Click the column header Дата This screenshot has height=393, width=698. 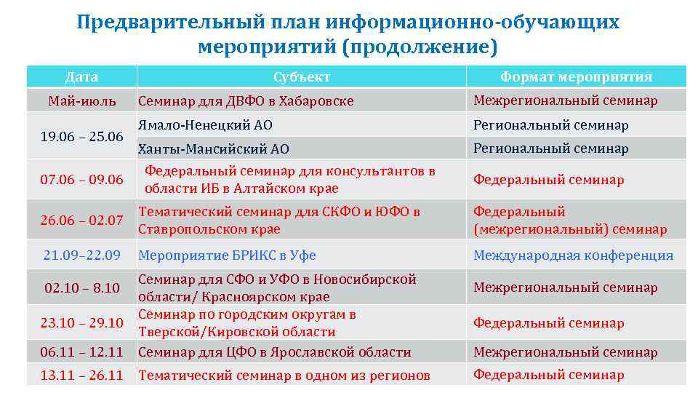81,76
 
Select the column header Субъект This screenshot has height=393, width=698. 302,76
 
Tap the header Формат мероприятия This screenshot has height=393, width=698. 576,76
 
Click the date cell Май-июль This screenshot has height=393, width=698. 81,100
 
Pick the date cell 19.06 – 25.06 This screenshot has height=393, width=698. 81,136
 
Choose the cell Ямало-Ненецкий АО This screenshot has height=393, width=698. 205,125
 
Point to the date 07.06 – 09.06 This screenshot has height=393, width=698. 81,180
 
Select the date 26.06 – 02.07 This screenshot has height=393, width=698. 81,221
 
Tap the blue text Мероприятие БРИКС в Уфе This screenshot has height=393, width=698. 227,255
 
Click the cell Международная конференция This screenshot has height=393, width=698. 573,255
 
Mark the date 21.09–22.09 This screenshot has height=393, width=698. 81,255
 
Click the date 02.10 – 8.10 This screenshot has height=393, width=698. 81,287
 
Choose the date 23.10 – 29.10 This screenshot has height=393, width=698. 81,322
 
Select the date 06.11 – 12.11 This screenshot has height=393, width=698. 81,352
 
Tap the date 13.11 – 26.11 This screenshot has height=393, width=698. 81,376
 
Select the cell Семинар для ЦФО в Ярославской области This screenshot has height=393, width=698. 275,352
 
